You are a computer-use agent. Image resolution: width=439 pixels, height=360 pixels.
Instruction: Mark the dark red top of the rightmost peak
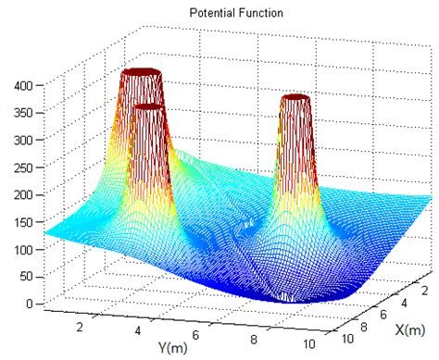click(295, 97)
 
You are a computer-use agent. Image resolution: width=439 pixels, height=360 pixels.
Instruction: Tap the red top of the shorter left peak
click(149, 108)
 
